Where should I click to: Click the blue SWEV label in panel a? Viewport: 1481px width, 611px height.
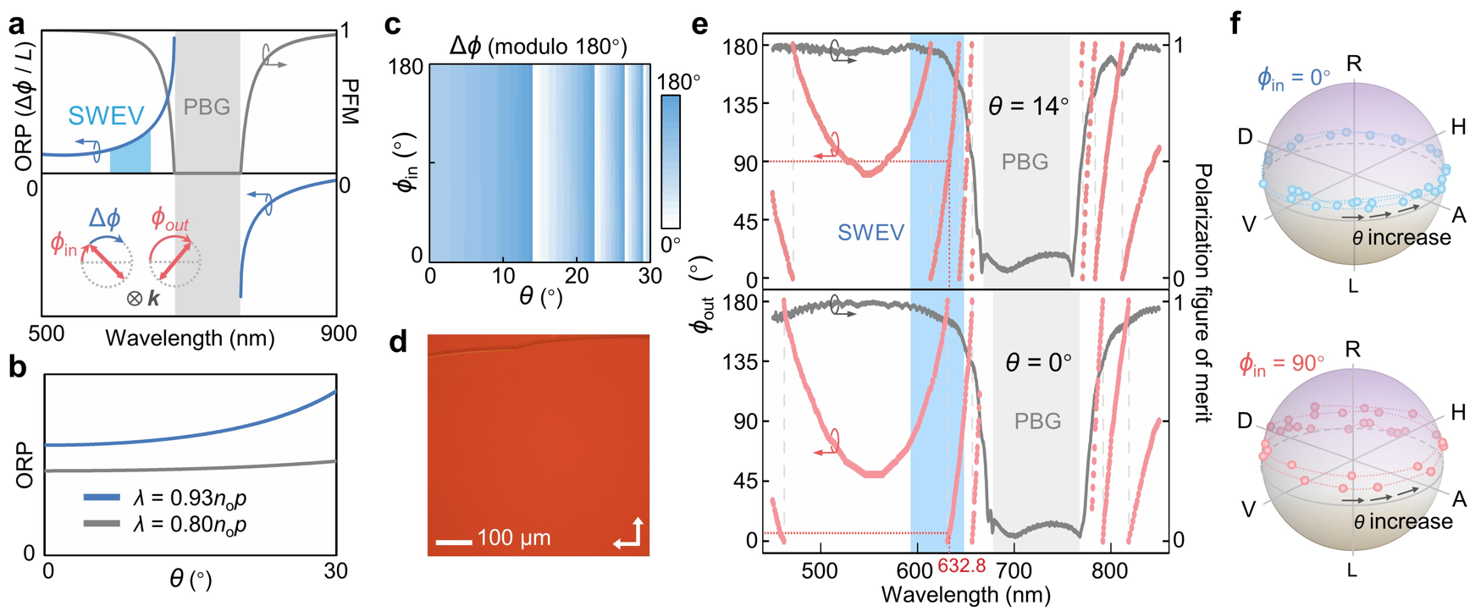pyautogui.click(x=106, y=115)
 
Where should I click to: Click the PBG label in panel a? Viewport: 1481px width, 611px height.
pyautogui.click(x=207, y=107)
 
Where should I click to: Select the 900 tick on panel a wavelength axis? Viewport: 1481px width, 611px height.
pyautogui.click(x=339, y=334)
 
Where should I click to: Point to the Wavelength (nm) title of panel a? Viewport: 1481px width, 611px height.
pyautogui.click(x=190, y=339)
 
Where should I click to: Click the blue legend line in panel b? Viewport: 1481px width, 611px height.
pyautogui.click(x=102, y=498)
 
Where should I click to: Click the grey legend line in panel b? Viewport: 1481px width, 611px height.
pyautogui.click(x=102, y=525)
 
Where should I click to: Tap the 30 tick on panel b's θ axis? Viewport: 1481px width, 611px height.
pyautogui.click(x=336, y=571)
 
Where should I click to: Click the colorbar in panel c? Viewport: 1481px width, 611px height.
pyautogui.click(x=671, y=162)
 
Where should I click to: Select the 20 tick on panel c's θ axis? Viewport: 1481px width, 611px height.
pyautogui.click(x=577, y=276)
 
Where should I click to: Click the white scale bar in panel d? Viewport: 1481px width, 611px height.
pyautogui.click(x=453, y=541)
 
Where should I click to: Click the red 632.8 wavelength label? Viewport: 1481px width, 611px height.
pyautogui.click(x=962, y=565)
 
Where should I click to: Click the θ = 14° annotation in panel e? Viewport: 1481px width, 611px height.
pyautogui.click(x=1029, y=107)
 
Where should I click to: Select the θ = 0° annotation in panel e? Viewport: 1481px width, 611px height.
pyautogui.click(x=1038, y=363)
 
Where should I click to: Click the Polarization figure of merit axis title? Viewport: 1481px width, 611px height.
pyautogui.click(x=1202, y=292)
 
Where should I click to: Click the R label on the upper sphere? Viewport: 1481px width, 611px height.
pyautogui.click(x=1354, y=63)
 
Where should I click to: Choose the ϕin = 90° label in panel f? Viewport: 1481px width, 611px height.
pyautogui.click(x=1281, y=364)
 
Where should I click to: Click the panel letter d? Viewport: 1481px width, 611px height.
pyautogui.click(x=397, y=343)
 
